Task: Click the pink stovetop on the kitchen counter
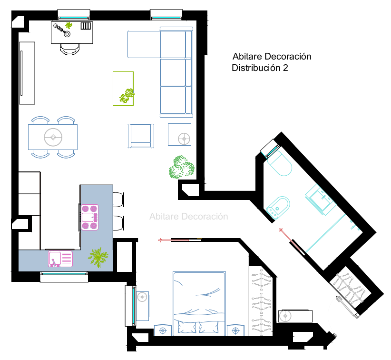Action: [89, 217]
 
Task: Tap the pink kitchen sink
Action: [60, 259]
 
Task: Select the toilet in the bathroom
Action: [280, 164]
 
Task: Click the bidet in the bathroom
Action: [278, 208]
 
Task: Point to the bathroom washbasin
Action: [321, 200]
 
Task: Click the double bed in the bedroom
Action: [199, 304]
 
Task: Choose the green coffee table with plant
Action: [123, 89]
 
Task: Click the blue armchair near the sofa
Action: [141, 136]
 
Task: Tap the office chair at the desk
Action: [70, 49]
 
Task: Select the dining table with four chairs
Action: [53, 137]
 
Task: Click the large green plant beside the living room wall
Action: [181, 167]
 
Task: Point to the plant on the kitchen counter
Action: [98, 257]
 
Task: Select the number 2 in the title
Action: [285, 68]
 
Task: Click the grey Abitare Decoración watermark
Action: [189, 217]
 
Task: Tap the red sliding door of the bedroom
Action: [180, 240]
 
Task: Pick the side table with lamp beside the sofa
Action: [179, 134]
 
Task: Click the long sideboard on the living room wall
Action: [27, 73]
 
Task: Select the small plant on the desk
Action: [69, 25]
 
